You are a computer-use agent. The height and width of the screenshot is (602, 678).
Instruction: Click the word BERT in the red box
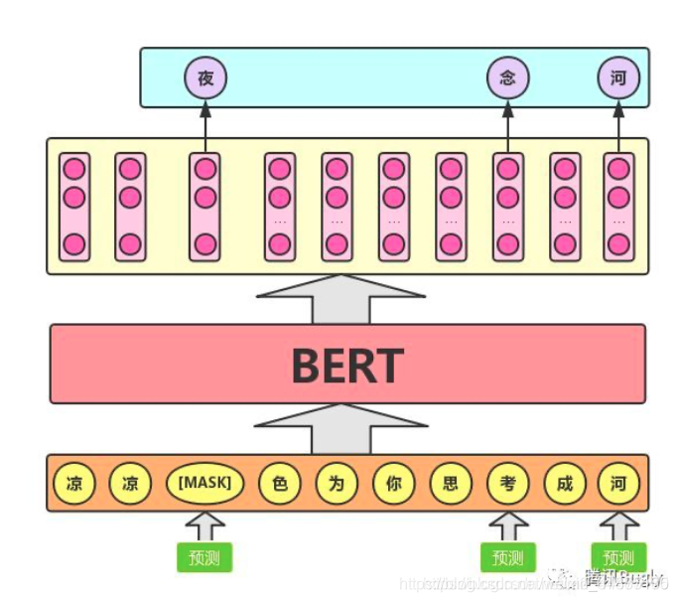tap(346, 366)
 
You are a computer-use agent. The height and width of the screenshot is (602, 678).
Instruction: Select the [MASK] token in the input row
tap(204, 484)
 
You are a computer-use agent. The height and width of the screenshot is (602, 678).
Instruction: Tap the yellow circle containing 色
tap(279, 484)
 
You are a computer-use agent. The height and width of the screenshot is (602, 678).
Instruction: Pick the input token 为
tap(337, 484)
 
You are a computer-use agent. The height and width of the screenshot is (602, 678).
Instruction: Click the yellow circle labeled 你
tap(393, 484)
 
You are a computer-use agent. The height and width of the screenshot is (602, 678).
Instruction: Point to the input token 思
tap(451, 484)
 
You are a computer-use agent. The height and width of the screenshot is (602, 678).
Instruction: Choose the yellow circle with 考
tap(507, 484)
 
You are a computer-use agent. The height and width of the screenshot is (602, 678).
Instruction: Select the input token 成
tap(565, 484)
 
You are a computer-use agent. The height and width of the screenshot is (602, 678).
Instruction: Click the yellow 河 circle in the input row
tap(618, 484)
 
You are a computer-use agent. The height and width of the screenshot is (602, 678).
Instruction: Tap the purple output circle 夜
tap(205, 77)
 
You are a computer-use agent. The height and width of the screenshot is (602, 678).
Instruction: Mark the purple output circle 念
tap(507, 77)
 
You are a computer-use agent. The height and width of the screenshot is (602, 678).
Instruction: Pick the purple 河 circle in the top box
tap(618, 77)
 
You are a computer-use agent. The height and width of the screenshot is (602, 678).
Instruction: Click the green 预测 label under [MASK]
tap(204, 557)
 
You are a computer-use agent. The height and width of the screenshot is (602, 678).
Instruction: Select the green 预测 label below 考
tap(507, 557)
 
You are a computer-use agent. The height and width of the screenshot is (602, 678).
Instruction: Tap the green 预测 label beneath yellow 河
tap(618, 557)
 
